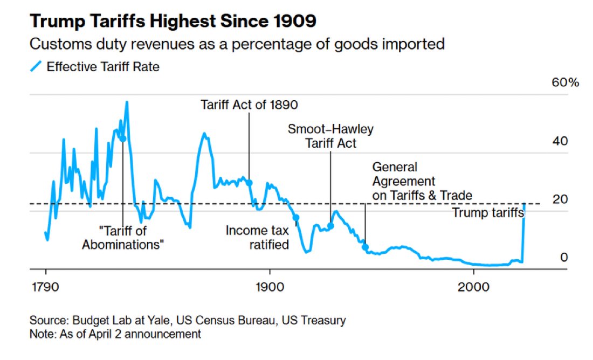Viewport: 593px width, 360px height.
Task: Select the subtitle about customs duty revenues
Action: tap(237, 44)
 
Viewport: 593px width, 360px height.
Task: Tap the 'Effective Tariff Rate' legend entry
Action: tap(102, 67)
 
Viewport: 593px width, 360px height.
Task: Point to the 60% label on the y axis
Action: tap(564, 83)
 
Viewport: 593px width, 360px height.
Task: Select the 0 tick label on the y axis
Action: tap(564, 257)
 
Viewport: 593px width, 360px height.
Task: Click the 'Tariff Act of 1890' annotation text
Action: tap(249, 104)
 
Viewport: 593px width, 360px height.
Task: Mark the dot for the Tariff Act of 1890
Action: tap(250, 183)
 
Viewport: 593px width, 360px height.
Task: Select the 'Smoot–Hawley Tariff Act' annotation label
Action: tap(330, 136)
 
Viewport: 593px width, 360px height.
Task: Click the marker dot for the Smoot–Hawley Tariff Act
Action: tap(331, 226)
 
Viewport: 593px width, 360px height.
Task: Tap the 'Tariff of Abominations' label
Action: tap(123, 238)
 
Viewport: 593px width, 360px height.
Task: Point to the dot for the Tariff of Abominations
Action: tap(123, 139)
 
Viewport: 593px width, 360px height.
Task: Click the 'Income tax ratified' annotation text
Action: tap(257, 238)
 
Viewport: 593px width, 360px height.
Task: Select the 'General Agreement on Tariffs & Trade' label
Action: tap(422, 181)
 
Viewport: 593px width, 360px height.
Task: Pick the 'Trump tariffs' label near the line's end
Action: tap(488, 213)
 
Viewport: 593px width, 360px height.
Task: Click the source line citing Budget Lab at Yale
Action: tap(188, 321)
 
